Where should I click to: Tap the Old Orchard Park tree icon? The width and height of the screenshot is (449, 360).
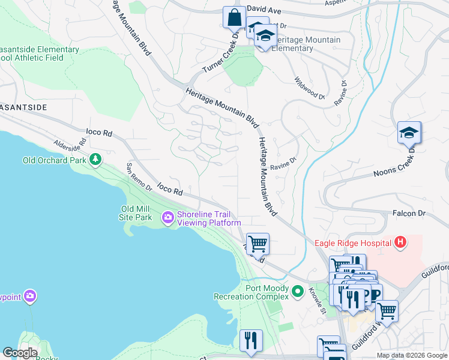pos(95,160)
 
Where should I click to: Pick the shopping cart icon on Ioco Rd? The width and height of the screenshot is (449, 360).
pos(258,244)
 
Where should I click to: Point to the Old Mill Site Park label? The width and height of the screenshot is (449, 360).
pos(136,213)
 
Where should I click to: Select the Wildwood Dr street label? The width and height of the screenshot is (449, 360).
pos(310,88)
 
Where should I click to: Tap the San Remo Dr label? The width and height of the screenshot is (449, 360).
pos(139,177)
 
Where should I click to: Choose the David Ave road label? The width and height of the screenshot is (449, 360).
pos(264,10)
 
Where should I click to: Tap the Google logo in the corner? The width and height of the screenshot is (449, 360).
pos(20,353)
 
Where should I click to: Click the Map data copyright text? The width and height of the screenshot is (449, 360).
pos(412,355)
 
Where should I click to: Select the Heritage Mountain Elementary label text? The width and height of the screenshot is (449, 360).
pos(306,44)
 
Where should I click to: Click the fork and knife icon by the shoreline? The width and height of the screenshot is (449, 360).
pos(250,340)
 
